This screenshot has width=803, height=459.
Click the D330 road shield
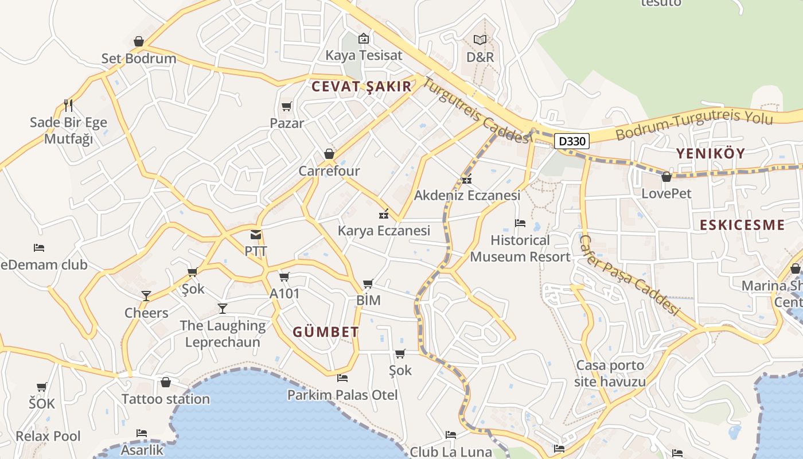pos(572,141)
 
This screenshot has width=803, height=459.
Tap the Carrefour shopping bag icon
pos(329,154)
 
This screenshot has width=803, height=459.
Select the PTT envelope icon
pos(256,235)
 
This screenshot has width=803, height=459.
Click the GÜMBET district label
pos(326,332)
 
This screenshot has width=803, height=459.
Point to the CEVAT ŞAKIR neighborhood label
pos(361,87)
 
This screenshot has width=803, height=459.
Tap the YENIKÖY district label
pos(710,153)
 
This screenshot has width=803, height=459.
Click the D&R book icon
pos(480,40)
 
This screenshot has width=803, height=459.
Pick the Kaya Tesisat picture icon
pos(364,38)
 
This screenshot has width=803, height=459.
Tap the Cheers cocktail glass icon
pos(146,295)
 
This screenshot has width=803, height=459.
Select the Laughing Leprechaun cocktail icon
pos(223,309)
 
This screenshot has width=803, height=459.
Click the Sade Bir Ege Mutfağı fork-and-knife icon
pos(68,105)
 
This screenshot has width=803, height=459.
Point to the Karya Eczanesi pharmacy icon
pos(384,214)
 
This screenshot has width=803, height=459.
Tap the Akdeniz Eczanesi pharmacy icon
pos(467,179)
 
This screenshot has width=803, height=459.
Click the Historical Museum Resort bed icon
pos(520,223)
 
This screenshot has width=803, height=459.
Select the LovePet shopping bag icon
pos(666,177)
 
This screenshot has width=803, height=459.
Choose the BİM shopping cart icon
pos(368,283)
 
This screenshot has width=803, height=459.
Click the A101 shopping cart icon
pos(284,277)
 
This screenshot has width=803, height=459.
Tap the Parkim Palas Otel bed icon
pos(342,378)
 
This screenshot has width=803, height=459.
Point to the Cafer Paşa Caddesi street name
pos(630,276)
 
